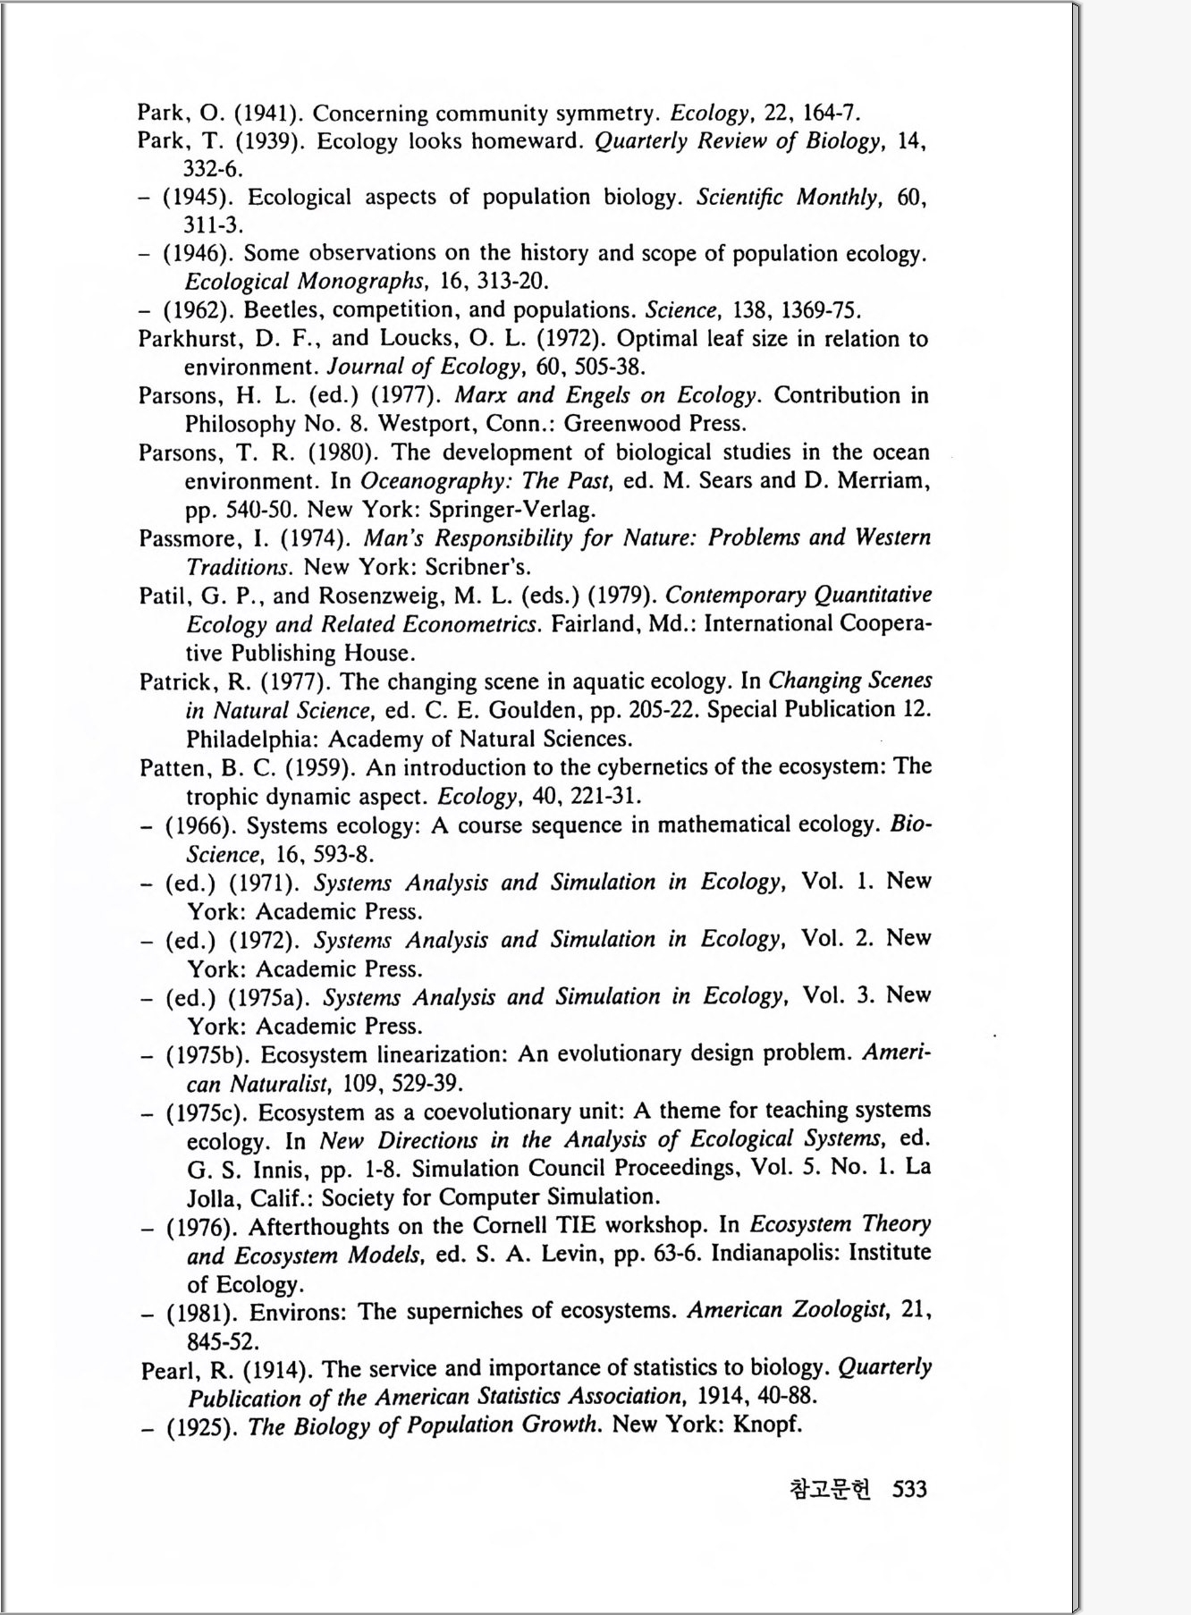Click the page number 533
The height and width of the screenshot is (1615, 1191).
coord(909,1489)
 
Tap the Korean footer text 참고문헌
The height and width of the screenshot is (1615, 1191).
coord(830,1489)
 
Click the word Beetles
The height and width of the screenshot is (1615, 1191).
coord(280,310)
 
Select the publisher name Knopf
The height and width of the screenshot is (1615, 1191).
coord(766,1424)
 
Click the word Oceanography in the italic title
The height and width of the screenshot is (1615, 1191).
coord(435,481)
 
